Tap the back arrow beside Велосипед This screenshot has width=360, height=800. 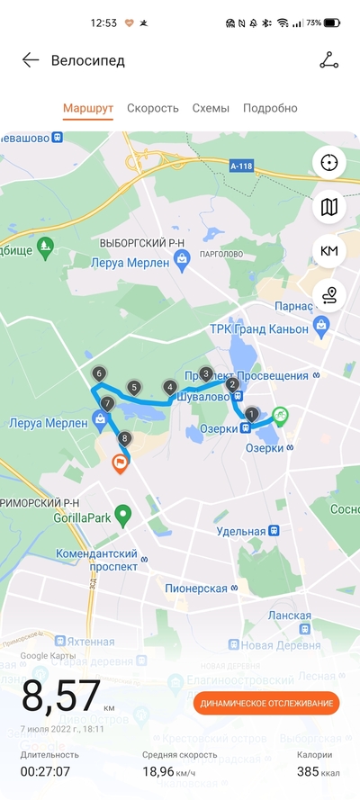(x=31, y=60)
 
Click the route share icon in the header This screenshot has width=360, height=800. (x=329, y=60)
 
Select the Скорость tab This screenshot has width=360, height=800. (x=152, y=108)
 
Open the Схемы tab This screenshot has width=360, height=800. (x=211, y=108)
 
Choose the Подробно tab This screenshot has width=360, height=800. (x=270, y=108)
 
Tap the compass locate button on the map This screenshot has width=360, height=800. (x=329, y=162)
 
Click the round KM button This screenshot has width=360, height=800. (x=329, y=250)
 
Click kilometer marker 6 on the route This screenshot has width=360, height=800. (x=98, y=373)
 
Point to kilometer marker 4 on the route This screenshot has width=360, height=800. (x=170, y=387)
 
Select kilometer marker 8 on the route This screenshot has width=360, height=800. (x=124, y=439)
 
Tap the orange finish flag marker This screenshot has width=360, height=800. (x=119, y=463)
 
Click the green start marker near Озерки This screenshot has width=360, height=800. (x=281, y=415)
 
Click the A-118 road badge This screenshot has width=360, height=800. (x=241, y=166)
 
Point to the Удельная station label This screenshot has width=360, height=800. (x=242, y=532)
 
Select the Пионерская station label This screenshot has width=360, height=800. (x=195, y=588)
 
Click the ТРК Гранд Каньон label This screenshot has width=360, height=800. (x=258, y=329)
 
